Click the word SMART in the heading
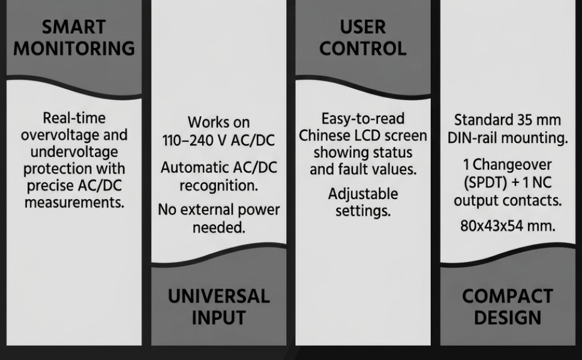tap(74, 27)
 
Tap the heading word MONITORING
tap(74, 49)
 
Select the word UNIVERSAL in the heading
tap(218, 296)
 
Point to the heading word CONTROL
tap(363, 49)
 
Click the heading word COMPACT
tap(508, 296)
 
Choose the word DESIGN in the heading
tap(508, 317)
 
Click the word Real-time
tap(74, 118)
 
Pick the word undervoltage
tap(74, 152)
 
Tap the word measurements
tap(74, 203)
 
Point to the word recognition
tap(218, 185)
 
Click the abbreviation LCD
tap(367, 136)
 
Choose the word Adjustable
tap(363, 194)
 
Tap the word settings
tap(363, 211)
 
